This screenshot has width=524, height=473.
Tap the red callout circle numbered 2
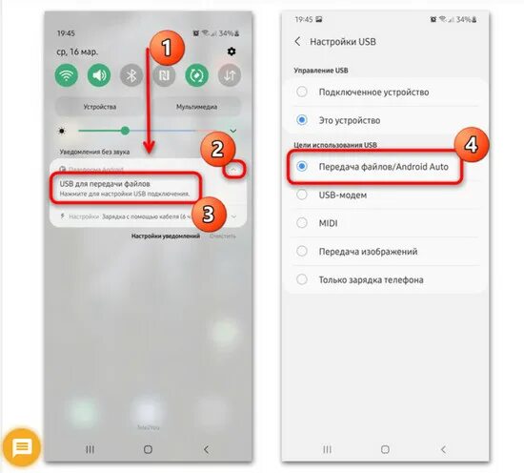[x=217, y=149]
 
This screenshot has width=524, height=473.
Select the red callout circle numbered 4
[x=470, y=146]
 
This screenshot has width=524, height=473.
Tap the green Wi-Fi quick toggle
[x=68, y=74]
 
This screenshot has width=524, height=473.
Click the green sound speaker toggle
[x=100, y=74]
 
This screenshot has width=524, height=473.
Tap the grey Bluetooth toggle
[x=132, y=74]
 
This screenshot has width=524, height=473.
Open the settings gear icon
[x=232, y=51]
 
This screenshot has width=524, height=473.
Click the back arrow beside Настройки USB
[x=297, y=41]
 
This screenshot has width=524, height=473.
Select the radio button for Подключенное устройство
[x=302, y=93]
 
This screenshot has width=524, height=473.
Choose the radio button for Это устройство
[x=302, y=120]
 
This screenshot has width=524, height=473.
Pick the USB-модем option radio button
[x=302, y=195]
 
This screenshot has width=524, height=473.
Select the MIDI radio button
[x=302, y=223]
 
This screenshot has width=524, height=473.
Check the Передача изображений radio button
[x=302, y=251]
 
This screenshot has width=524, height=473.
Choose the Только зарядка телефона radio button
[x=302, y=279]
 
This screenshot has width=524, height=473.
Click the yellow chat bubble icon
[x=21, y=446]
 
